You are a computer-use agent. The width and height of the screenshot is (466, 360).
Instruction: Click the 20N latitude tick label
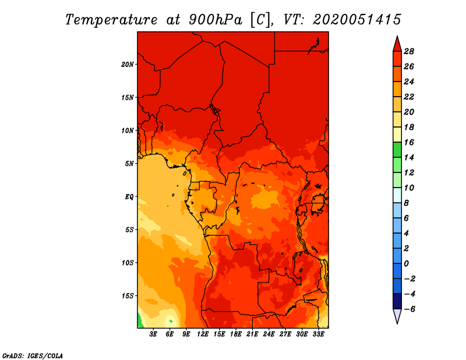pos(128,65)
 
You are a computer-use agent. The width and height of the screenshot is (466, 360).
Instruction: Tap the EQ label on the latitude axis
pos(129,197)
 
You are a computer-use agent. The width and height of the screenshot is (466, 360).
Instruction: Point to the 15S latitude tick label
pos(128,296)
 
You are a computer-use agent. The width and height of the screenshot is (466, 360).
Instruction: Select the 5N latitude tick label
pos(129,164)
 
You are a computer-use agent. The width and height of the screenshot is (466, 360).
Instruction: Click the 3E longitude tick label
pos(153,334)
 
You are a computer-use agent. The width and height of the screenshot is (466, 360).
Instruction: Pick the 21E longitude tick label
pos(252,334)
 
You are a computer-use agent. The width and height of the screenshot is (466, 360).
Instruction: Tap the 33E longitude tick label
pos(318,334)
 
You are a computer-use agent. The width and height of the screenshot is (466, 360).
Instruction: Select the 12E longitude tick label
pos(202,334)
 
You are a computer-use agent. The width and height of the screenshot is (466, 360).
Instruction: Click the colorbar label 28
pos(409,51)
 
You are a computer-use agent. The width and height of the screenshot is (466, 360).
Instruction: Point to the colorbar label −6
pos(409,309)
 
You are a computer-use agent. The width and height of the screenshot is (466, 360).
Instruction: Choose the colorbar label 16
pos(409,142)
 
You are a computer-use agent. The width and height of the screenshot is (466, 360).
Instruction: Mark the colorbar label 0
pos(406,264)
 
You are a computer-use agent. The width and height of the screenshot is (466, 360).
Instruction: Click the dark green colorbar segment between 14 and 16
pos(397,150)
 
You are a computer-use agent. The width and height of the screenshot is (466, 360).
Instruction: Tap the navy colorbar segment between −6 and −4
pos(397,301)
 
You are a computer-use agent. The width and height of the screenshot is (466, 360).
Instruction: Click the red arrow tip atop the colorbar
pos(397,36)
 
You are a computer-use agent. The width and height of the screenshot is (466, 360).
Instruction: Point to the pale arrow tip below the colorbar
pos(397,323)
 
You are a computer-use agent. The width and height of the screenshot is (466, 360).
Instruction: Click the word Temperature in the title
pos(111,20)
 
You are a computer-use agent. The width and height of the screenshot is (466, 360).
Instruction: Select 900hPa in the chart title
pos(216,20)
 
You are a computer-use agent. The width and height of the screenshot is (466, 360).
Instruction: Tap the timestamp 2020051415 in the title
pos(357,20)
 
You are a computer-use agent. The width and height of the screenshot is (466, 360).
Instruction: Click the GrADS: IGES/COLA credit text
pos(33,356)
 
